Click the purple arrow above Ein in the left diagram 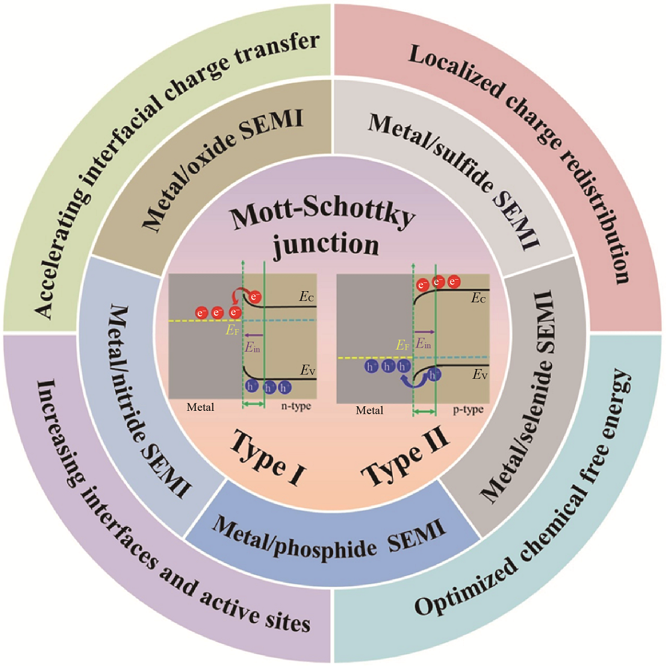[252, 334]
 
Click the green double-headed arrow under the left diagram [253, 404]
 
